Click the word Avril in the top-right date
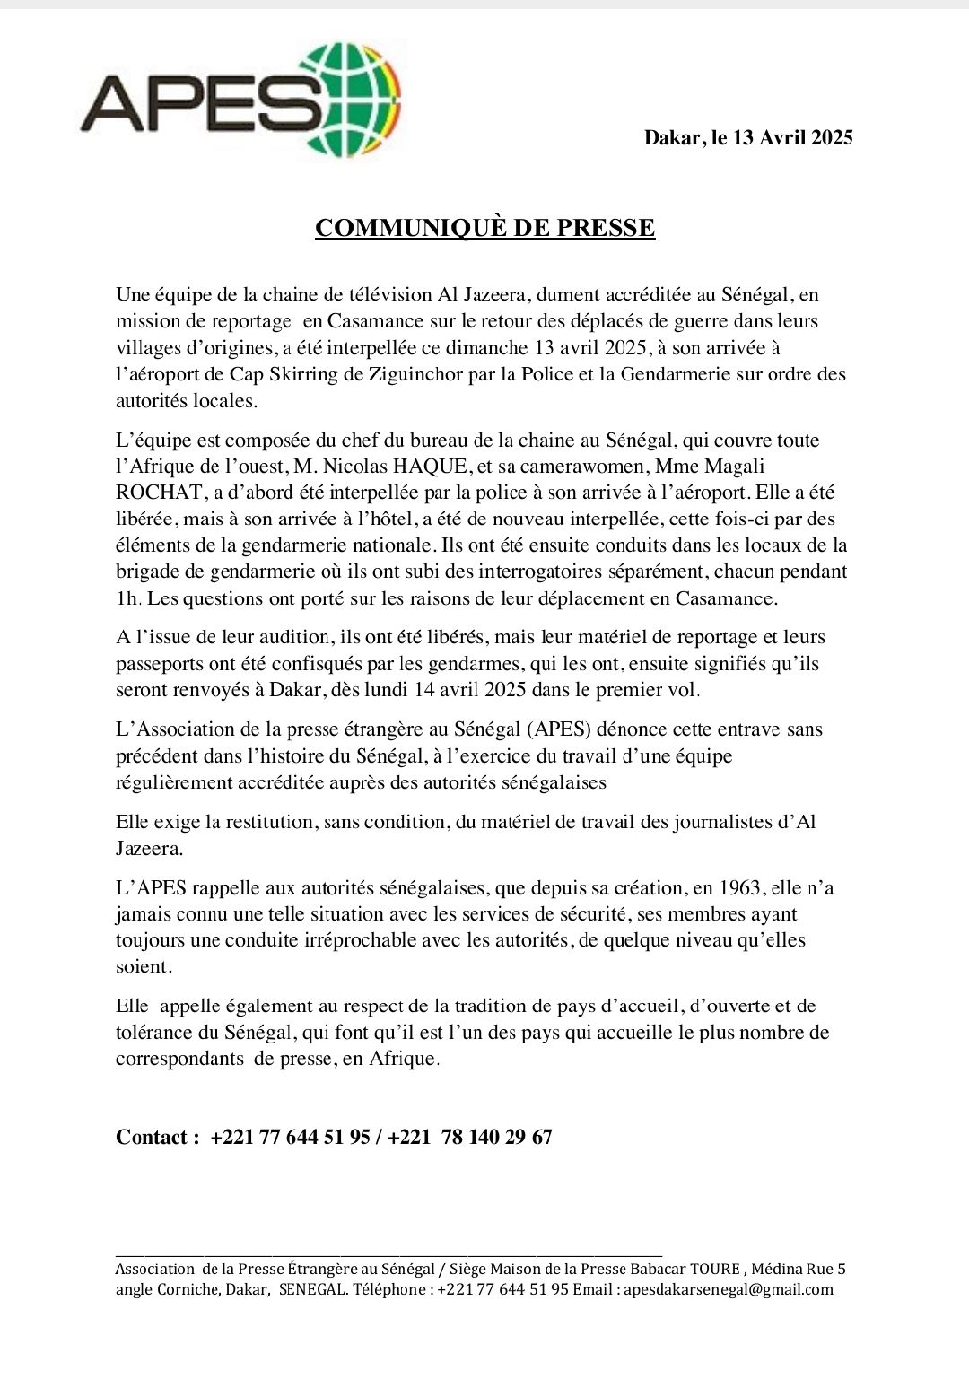(x=783, y=137)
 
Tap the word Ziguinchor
(x=414, y=374)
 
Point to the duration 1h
(x=128, y=598)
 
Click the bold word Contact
(x=153, y=1138)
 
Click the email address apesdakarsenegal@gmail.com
(x=728, y=1289)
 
